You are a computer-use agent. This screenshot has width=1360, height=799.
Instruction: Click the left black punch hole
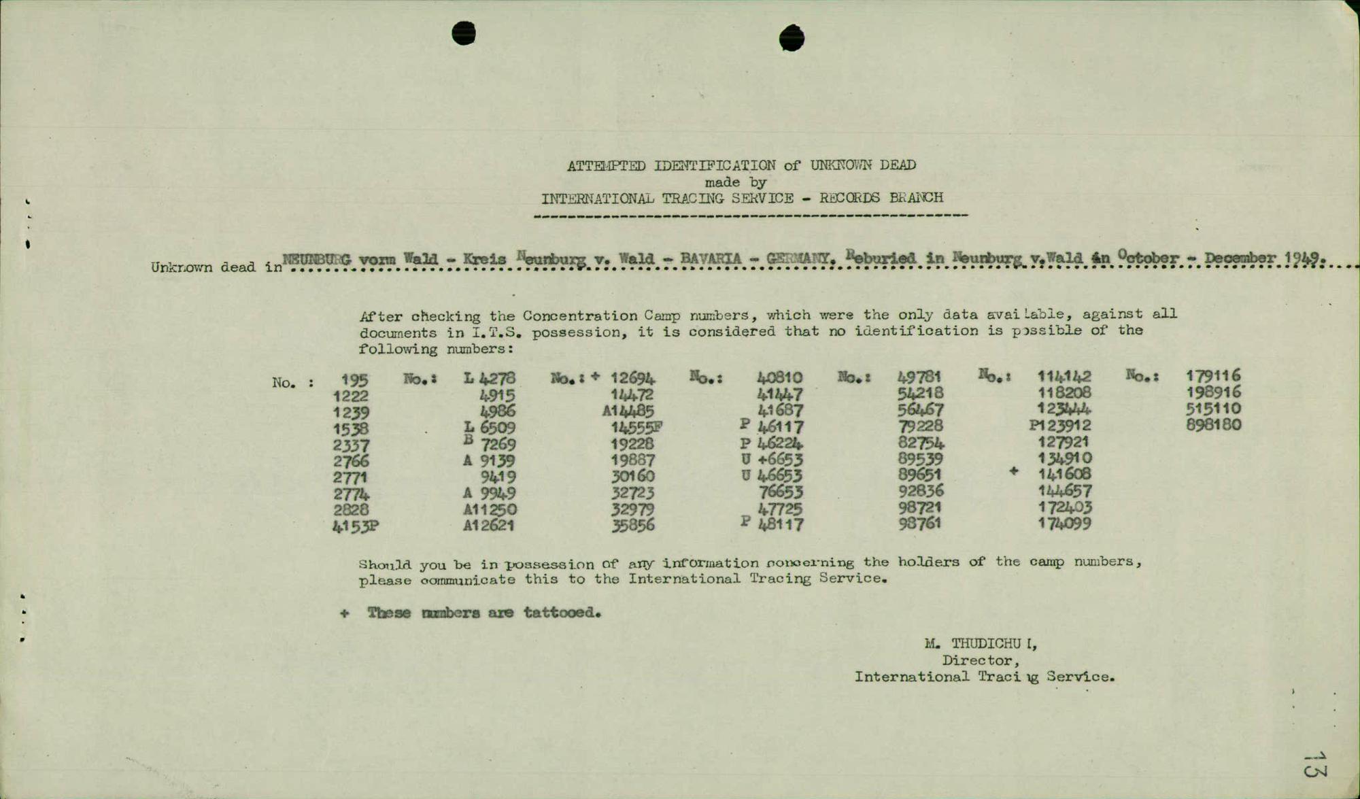click(464, 33)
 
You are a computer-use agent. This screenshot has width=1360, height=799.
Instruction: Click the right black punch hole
click(792, 37)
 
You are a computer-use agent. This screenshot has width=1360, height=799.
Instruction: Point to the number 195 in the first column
click(354, 380)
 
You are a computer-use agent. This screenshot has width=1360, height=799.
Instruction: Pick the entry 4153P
click(355, 526)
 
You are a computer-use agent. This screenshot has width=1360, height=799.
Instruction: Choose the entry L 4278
click(490, 378)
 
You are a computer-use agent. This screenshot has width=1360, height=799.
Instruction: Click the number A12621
click(489, 525)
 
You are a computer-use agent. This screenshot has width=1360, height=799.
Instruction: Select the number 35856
click(633, 525)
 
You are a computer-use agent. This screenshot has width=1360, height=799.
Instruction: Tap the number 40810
click(779, 377)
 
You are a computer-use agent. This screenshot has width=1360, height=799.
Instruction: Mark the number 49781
click(919, 377)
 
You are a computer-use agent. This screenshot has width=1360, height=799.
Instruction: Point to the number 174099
click(1064, 524)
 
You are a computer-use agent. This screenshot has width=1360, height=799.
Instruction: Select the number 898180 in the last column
click(1214, 425)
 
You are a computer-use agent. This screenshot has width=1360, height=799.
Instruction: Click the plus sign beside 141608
click(1014, 471)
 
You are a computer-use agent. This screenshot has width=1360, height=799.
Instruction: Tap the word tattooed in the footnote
click(562, 613)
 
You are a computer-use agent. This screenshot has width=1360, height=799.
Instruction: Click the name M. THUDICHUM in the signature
click(981, 643)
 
